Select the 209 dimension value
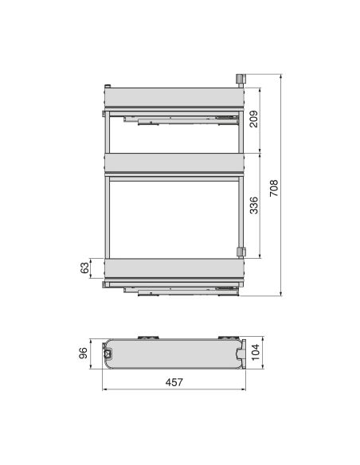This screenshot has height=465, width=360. (x=252, y=121)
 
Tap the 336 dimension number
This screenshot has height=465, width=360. (x=252, y=207)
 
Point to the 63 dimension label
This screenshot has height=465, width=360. (x=85, y=268)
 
